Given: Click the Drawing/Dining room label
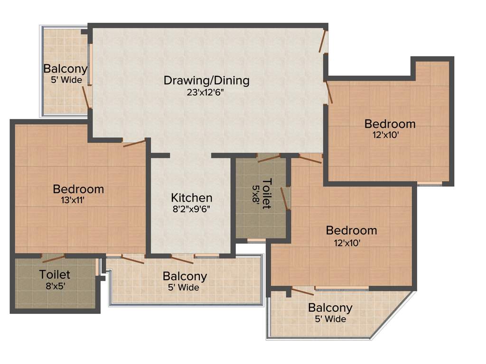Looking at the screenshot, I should (206, 80).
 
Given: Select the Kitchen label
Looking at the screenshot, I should (191, 198).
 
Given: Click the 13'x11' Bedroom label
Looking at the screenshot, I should (78, 189).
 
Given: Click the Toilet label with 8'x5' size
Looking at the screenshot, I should (55, 274).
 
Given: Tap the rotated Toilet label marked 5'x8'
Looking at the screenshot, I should (267, 193).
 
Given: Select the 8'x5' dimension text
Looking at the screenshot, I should (55, 286).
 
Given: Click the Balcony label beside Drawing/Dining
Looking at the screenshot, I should (65, 69).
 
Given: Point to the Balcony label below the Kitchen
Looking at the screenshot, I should (185, 276).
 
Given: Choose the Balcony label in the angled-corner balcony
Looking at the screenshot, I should (330, 308).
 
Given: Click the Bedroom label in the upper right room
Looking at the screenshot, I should (390, 124).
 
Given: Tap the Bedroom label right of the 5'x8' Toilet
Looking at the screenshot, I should (351, 231).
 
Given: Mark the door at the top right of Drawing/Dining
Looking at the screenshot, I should (323, 42).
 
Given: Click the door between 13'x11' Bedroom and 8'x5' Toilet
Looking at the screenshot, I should (53, 258).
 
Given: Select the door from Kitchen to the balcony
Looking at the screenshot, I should (182, 259).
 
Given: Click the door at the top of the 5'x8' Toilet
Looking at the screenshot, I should (269, 158).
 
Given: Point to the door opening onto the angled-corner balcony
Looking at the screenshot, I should (302, 291).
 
